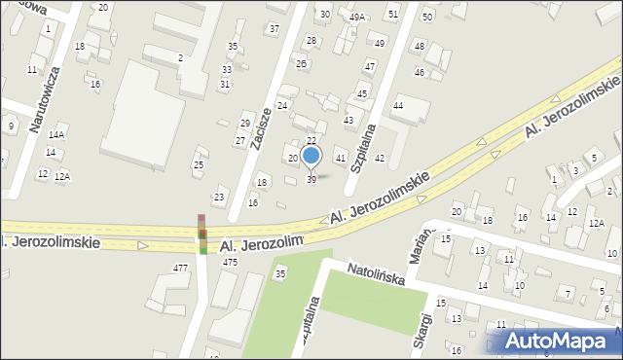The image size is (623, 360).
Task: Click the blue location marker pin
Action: pos(311,156)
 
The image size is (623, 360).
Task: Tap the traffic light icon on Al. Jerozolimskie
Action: pos(202,234)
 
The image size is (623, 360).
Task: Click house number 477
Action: pos(180,268)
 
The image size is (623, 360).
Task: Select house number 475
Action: pos(231,263)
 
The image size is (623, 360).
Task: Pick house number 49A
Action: pos(357,17)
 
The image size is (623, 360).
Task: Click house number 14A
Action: pos(56,135)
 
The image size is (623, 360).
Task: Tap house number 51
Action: pos(392,15)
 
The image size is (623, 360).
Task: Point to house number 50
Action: pos(427,18)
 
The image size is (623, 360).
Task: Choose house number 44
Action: pos(397,105)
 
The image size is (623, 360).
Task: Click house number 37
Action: pos(274,28)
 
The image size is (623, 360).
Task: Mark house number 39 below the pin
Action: pos(311,180)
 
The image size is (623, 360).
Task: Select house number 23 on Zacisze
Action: pos(219,198)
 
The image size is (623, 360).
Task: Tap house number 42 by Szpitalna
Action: pos(380,158)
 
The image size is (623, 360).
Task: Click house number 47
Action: pos(370,66)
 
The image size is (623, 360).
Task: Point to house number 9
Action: pos(10,126)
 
